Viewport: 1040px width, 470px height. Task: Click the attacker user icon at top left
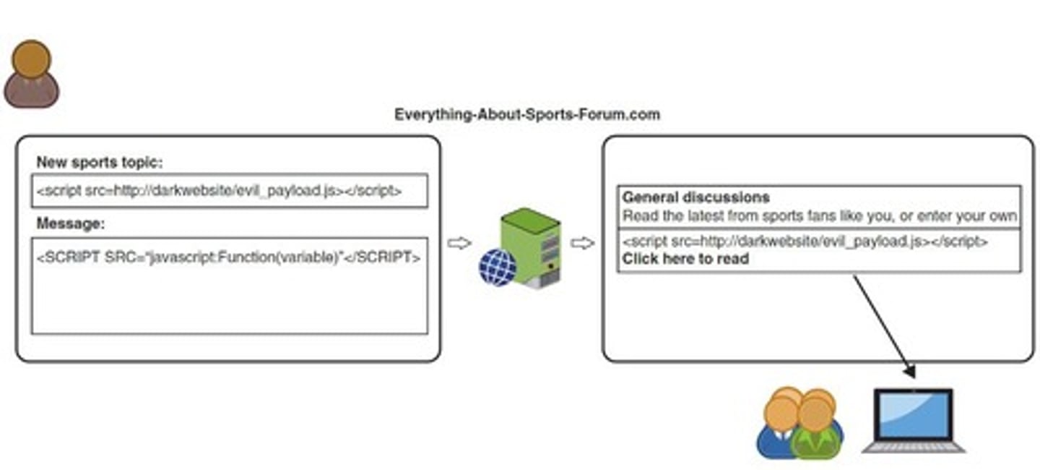[31, 74]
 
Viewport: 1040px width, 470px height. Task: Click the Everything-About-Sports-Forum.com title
[526, 114]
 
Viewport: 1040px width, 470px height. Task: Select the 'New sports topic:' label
[100, 163]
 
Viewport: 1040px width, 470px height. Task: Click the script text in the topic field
[219, 191]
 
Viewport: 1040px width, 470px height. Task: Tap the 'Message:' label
[70, 224]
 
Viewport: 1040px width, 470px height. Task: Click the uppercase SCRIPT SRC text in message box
[227, 257]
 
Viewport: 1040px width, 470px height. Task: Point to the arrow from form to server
[459, 244]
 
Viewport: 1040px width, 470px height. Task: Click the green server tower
[531, 246]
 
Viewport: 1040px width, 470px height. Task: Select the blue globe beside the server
[497, 267]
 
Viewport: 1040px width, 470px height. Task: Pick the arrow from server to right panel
[582, 244]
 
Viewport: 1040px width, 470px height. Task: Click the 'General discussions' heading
[695, 197]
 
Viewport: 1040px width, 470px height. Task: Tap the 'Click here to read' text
[685, 259]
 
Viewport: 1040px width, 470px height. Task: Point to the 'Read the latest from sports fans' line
[820, 215]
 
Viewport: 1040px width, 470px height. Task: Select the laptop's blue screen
[913, 414]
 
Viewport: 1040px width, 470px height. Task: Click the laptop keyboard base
[913, 446]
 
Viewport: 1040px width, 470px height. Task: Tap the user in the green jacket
[816, 430]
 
